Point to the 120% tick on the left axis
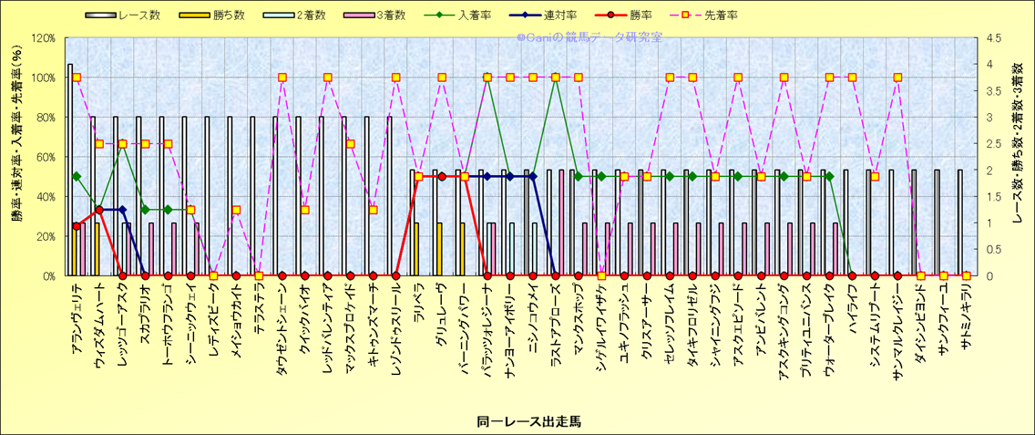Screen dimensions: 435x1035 coord(43,38)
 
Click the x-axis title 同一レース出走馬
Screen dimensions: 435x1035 coord(528,421)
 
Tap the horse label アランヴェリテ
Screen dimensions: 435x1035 coord(81,316)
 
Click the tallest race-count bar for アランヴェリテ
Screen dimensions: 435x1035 coord(70,170)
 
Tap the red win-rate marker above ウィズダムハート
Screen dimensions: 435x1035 coord(99,210)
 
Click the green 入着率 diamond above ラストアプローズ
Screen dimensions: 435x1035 coord(556,78)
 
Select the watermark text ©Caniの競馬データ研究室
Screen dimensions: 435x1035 coord(589,37)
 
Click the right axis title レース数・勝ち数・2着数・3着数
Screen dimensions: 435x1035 coord(1019,156)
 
